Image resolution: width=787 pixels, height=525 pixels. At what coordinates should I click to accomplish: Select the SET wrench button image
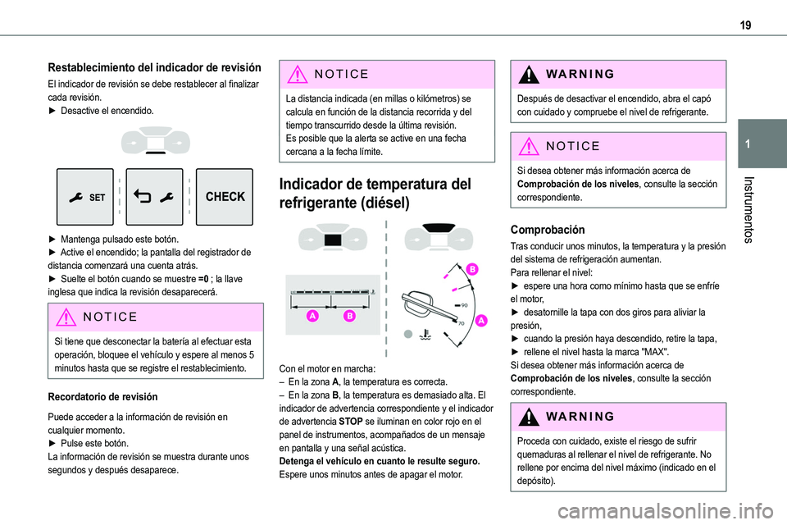(85, 197)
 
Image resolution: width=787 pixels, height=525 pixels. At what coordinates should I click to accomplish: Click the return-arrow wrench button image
(155, 197)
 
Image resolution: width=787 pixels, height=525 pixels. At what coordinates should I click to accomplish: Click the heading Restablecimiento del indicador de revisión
(155, 68)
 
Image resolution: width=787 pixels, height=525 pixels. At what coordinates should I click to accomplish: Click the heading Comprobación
(548, 231)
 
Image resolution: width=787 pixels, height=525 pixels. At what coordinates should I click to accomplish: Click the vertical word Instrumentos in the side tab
(756, 210)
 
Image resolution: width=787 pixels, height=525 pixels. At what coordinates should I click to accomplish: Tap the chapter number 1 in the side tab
(756, 144)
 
